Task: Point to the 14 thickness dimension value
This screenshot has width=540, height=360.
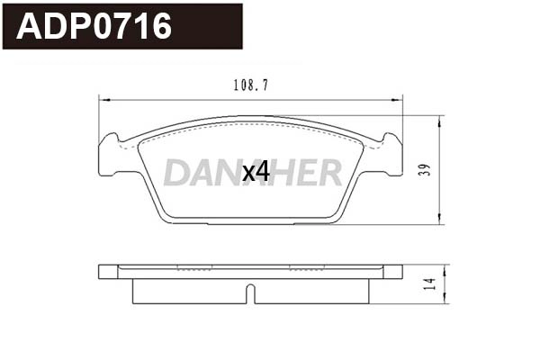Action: point(430,283)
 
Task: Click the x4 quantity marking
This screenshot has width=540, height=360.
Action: point(256,171)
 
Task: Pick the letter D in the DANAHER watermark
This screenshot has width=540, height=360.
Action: point(177,172)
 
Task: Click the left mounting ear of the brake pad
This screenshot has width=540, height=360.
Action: point(111,154)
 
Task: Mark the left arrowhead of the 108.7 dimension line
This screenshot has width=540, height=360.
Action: point(101,98)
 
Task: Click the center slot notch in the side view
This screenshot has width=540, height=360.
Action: point(251,293)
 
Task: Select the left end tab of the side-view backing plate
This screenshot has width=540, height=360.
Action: point(108,272)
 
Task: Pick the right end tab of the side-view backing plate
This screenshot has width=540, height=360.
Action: point(393,272)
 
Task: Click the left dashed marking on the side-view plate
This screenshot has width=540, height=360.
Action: point(194,267)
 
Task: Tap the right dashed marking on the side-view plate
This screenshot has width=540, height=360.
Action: point(307,267)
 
